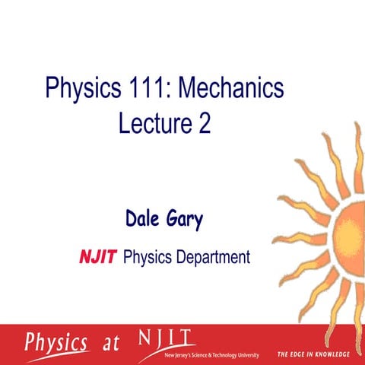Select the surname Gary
click(187, 221)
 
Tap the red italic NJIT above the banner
click(98, 259)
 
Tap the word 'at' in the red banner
click(111, 343)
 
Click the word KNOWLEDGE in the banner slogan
click(328, 354)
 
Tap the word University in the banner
click(246, 354)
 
